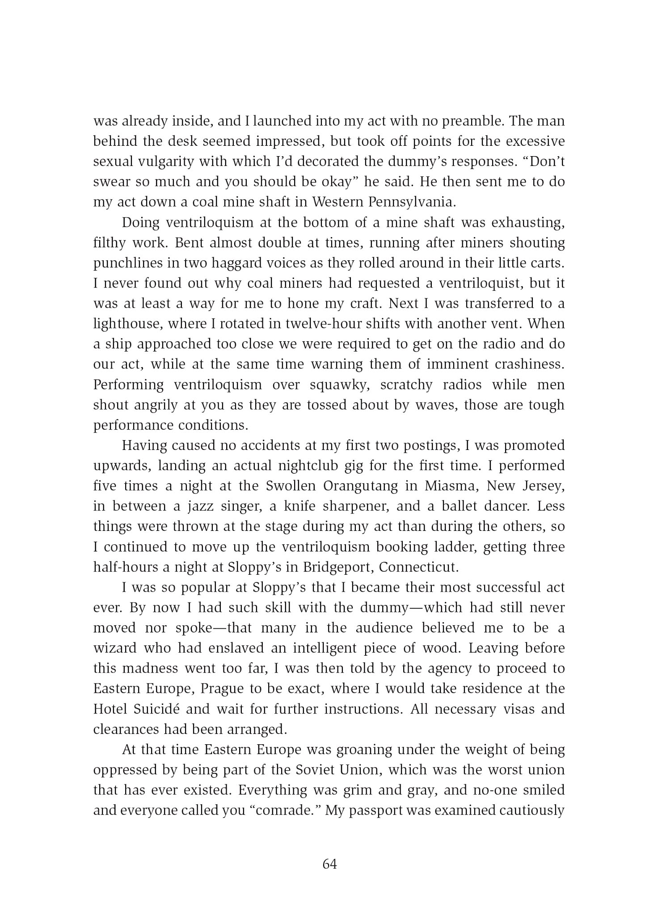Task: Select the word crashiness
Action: click(530, 364)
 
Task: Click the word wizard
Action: click(114, 648)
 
